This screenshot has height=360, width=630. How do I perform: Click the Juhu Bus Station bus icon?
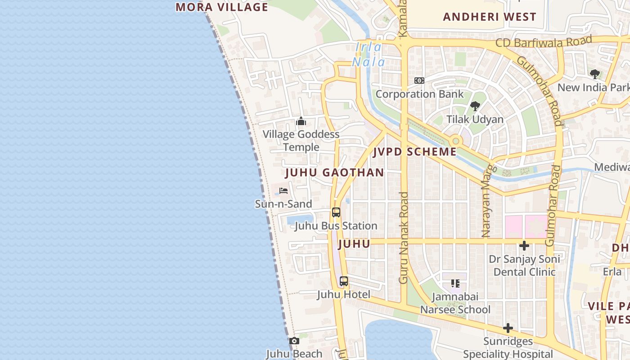coord(336,212)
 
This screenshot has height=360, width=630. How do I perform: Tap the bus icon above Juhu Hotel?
coord(344,281)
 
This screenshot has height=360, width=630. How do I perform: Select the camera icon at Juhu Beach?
coord(294,341)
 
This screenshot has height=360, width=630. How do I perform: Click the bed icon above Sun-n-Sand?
coord(283,191)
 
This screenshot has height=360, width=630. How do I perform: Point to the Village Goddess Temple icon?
coord(301,121)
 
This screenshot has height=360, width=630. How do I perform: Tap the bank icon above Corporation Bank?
coord(419,81)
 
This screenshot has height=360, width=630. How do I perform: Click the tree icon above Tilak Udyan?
coord(475,106)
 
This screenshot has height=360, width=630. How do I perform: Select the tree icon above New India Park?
coord(594,74)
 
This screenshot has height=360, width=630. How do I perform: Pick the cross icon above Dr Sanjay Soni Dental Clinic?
coord(524,246)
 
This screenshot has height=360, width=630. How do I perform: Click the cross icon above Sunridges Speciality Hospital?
coord(508,328)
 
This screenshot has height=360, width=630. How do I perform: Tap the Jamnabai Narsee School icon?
coord(455,283)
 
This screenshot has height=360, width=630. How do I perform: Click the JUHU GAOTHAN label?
coord(335,172)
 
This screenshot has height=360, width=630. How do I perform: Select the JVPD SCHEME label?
coord(415,152)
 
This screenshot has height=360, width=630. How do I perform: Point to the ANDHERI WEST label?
coord(490,17)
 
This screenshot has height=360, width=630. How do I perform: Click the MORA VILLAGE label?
coord(222,7)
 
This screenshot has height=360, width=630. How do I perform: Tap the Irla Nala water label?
coord(369,54)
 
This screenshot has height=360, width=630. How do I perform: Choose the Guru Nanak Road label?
coord(404,238)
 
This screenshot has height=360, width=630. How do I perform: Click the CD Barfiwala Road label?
coord(543,42)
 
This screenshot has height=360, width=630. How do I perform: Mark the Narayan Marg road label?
coord(487,200)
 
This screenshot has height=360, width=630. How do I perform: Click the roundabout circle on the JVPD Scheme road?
coord(456,141)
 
